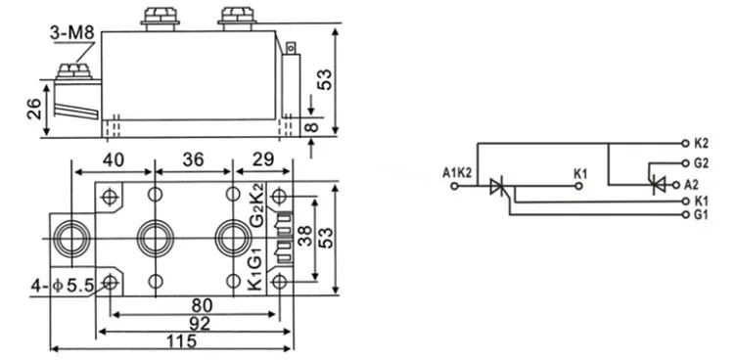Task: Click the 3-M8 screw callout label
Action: [72, 33]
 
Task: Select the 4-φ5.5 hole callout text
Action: [63, 285]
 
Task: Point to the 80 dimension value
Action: [202, 305]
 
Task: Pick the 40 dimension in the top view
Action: [114, 160]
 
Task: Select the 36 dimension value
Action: [194, 160]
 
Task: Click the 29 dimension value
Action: [263, 159]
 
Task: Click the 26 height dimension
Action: [34, 109]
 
